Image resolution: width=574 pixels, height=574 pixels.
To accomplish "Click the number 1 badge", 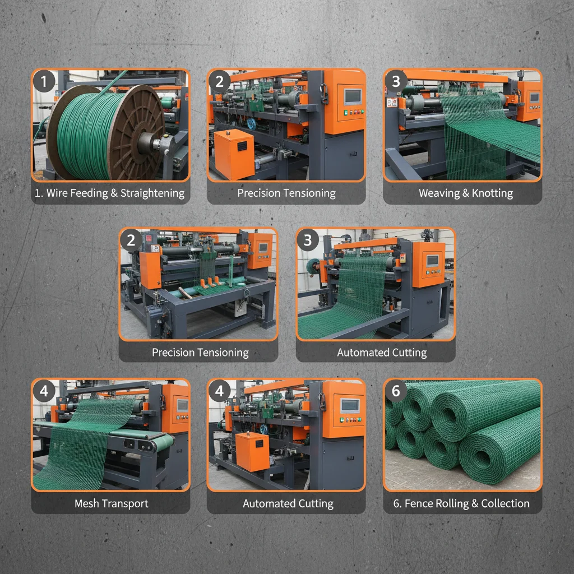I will point(44,82).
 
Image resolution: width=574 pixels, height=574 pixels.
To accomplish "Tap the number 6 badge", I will point(396,391).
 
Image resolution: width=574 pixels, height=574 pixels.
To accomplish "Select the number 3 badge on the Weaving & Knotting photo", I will point(396,81).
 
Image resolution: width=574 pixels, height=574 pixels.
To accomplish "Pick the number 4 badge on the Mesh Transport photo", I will point(44,391).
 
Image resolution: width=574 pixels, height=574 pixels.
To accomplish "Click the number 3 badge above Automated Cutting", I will point(307,240).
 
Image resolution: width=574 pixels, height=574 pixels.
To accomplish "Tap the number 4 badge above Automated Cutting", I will point(220,391).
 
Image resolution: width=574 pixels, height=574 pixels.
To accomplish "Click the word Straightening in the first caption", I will point(151,193).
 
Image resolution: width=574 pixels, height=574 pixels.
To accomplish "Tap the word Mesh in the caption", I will point(87,503).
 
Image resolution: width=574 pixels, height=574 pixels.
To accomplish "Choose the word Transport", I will point(124,503).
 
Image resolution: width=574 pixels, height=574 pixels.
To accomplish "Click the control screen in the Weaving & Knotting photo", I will point(534,98).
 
